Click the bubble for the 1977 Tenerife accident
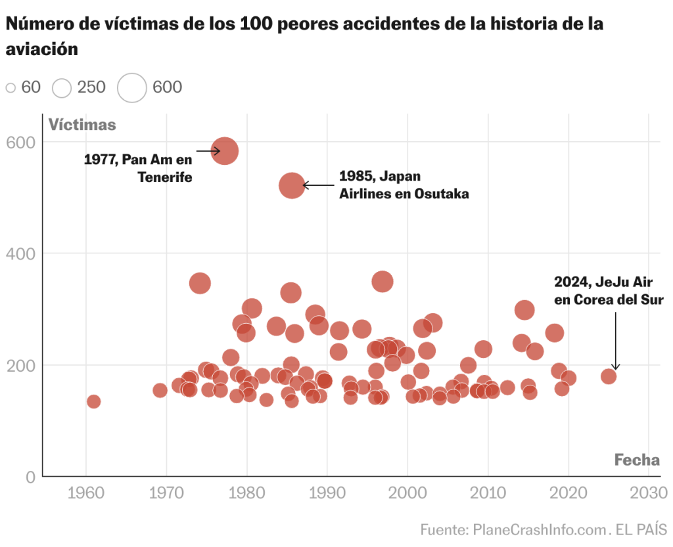click(225, 151)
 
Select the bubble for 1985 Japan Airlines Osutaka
click(292, 186)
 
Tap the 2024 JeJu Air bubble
click(609, 376)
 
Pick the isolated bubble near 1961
click(94, 401)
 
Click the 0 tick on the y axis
click(30, 477)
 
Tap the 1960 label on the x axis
click(85, 492)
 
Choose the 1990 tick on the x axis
click(327, 492)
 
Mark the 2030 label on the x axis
click(649, 492)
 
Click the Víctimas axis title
click(82, 125)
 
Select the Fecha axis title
click(637, 460)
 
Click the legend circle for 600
click(132, 87)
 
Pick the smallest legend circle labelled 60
click(11, 87)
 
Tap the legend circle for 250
click(62, 87)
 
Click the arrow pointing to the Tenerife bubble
click(208, 151)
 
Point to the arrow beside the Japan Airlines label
click(318, 186)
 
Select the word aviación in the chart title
click(42, 49)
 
